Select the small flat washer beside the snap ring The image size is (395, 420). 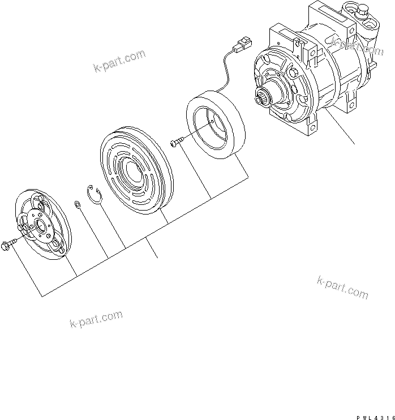pyautogui.click(x=76, y=203)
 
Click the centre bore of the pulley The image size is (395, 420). pyautogui.click(x=132, y=168)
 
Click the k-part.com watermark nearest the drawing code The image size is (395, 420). pyautogui.click(x=343, y=287)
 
